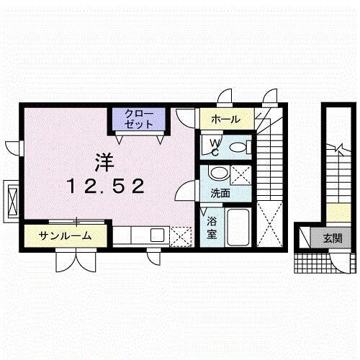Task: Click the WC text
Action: [x=215, y=146]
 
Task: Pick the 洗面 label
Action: [x=220, y=194]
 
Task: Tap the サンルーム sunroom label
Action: [x=64, y=235]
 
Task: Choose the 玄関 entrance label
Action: [x=333, y=238]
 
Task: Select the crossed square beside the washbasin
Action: [x=243, y=174]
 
